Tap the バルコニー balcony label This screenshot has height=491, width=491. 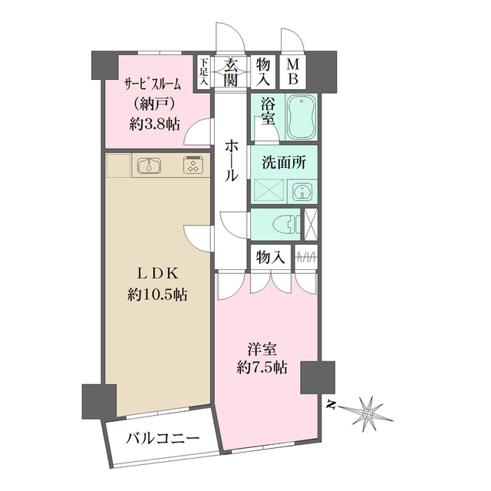(163, 440)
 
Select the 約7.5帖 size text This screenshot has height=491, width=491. (262, 367)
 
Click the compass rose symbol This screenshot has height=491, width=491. (368, 413)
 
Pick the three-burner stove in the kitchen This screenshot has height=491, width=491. (191, 165)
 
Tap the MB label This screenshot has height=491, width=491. (294, 72)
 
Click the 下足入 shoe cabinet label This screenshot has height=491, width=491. (205, 72)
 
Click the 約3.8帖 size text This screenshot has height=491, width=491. (154, 123)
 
